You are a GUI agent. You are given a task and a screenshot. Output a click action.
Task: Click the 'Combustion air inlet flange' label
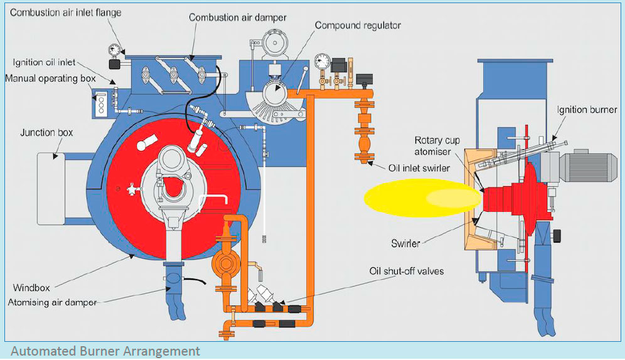click(66, 12)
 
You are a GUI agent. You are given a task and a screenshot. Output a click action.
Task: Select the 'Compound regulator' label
click(358, 26)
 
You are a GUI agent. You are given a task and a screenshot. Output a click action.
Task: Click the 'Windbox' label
click(30, 288)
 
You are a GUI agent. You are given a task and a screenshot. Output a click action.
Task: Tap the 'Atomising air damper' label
click(52, 302)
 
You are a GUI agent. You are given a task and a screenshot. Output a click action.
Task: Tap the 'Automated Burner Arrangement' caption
click(105, 351)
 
